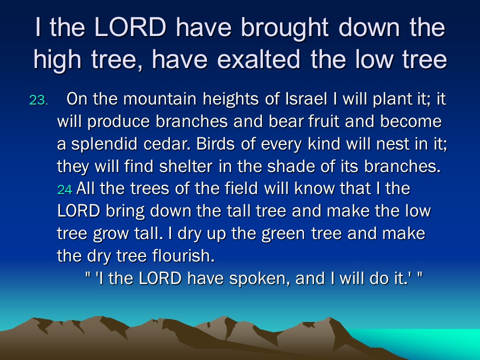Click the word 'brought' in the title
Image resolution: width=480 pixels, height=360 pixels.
point(284,28)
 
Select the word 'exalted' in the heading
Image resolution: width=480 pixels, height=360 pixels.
point(258,59)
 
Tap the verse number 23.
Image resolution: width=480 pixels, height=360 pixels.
point(38,100)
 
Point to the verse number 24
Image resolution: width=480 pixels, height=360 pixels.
point(64,189)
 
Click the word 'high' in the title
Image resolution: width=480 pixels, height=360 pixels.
point(57,59)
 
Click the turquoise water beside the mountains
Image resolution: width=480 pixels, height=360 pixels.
point(441,343)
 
